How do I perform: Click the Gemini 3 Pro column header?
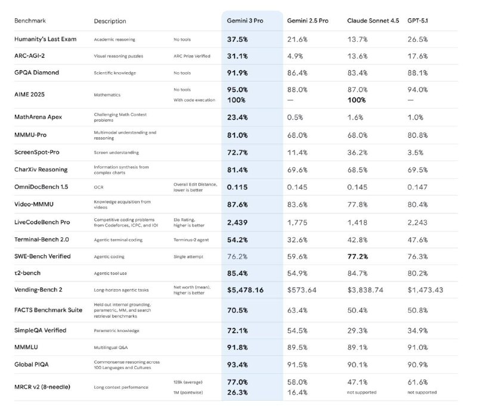point(245,21)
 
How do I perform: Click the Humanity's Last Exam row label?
point(45,39)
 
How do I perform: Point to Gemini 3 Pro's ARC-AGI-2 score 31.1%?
point(237,56)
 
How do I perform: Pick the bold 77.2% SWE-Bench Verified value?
point(359,256)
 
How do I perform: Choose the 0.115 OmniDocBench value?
point(237,187)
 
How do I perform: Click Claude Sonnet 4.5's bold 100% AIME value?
point(358,100)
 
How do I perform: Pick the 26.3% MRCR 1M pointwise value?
point(237,392)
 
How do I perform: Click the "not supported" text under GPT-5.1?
point(422,392)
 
